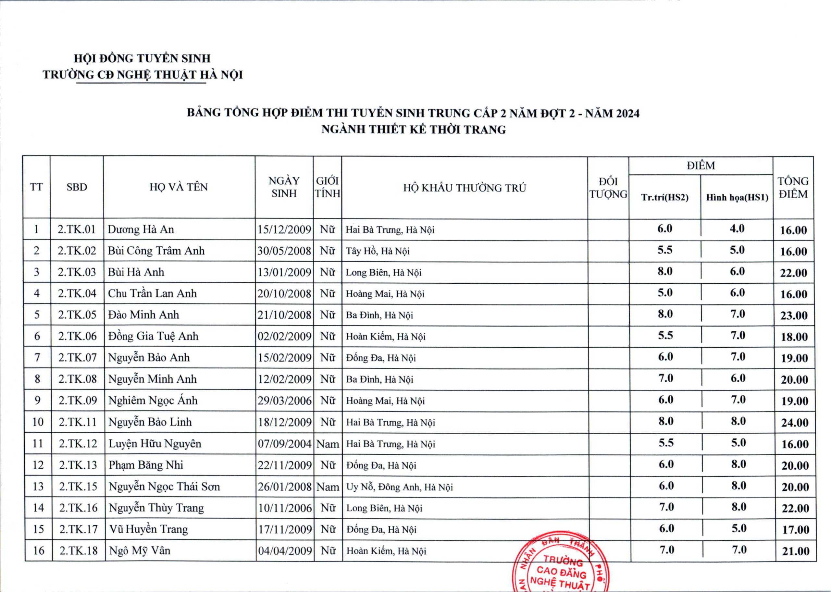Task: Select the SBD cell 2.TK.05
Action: [77, 314]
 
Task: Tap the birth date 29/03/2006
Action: [285, 401]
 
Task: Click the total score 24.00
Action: [795, 423]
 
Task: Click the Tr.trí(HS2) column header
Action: [665, 198]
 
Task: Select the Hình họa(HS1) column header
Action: [737, 198]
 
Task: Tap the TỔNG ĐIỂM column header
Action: [793, 187]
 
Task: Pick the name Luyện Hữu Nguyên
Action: [155, 444]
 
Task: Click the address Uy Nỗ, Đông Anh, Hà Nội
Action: [400, 487]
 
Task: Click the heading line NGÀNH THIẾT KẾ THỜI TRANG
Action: [413, 129]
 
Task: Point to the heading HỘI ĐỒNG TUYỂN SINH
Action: [143, 58]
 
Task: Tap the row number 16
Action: [38, 550]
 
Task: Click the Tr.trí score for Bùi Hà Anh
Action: [665, 272]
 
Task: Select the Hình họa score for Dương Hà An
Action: [737, 229]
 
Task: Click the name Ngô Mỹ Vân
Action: [140, 550]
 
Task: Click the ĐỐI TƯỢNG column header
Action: [608, 188]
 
